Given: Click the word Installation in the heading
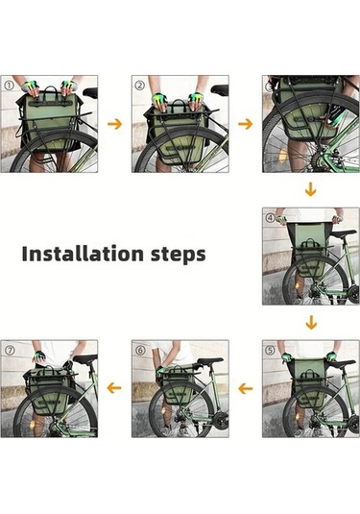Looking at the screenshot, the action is [x=83, y=254].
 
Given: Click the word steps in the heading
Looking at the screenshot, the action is [x=179, y=255].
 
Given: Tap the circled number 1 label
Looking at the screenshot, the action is [x=10, y=86].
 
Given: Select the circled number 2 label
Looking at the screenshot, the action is [x=139, y=86].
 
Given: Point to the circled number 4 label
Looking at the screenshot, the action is [x=270, y=218].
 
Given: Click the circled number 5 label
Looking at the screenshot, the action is [x=270, y=351].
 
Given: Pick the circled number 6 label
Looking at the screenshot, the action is [x=140, y=351].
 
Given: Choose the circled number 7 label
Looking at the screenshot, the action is [x=10, y=351].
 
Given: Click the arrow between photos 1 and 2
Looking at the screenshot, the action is [x=114, y=124].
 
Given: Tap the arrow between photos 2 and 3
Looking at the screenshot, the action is [x=246, y=124].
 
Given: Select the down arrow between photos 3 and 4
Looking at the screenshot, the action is [x=310, y=190].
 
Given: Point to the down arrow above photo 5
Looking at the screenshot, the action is [x=311, y=323].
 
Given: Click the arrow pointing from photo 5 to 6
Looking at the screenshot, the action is [x=246, y=389].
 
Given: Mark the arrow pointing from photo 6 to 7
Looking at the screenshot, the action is [x=114, y=388].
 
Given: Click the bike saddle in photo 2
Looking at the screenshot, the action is [x=220, y=88].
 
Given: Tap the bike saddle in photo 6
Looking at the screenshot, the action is [x=209, y=361].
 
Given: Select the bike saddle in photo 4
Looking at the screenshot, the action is [x=344, y=233].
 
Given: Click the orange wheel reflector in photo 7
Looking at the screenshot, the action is [x=32, y=426].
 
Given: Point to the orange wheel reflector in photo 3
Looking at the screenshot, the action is [x=282, y=154].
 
